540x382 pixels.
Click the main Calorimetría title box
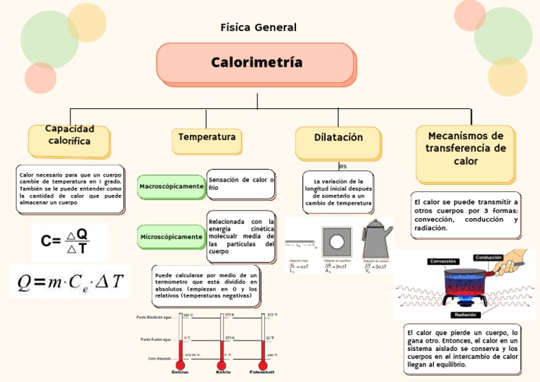pos(255,63)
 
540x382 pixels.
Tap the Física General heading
pos(258,27)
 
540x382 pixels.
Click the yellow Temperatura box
pos(207,138)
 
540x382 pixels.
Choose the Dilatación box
pos(338,139)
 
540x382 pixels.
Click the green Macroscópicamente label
pos(171,186)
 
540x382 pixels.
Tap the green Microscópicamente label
pos(171,237)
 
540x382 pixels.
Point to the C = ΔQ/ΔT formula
pos(70,241)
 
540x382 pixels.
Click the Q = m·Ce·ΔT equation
pos(70,281)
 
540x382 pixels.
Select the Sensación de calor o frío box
pos(241,184)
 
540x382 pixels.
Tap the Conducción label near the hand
pos(488,257)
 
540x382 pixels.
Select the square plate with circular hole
pos(337,241)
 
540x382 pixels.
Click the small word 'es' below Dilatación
pos(342,167)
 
